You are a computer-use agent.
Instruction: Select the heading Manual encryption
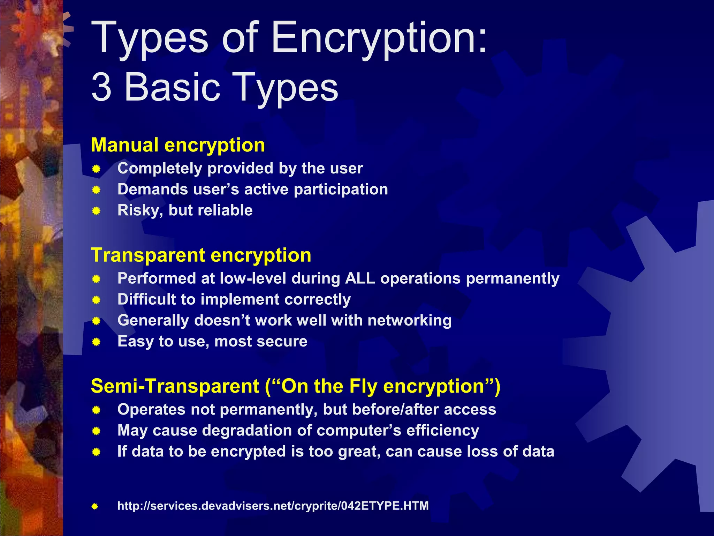[178, 145]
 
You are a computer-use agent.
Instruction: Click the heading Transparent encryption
[201, 255]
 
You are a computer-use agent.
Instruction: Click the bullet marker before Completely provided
[96, 169]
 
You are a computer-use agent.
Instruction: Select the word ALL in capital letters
[360, 278]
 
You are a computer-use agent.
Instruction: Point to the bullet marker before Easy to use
[96, 342]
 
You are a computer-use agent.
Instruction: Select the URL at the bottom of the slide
[273, 506]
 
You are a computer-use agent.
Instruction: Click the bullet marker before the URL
[95, 506]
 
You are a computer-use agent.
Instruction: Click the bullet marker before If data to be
[96, 452]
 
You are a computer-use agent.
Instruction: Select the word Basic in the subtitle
[172, 87]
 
